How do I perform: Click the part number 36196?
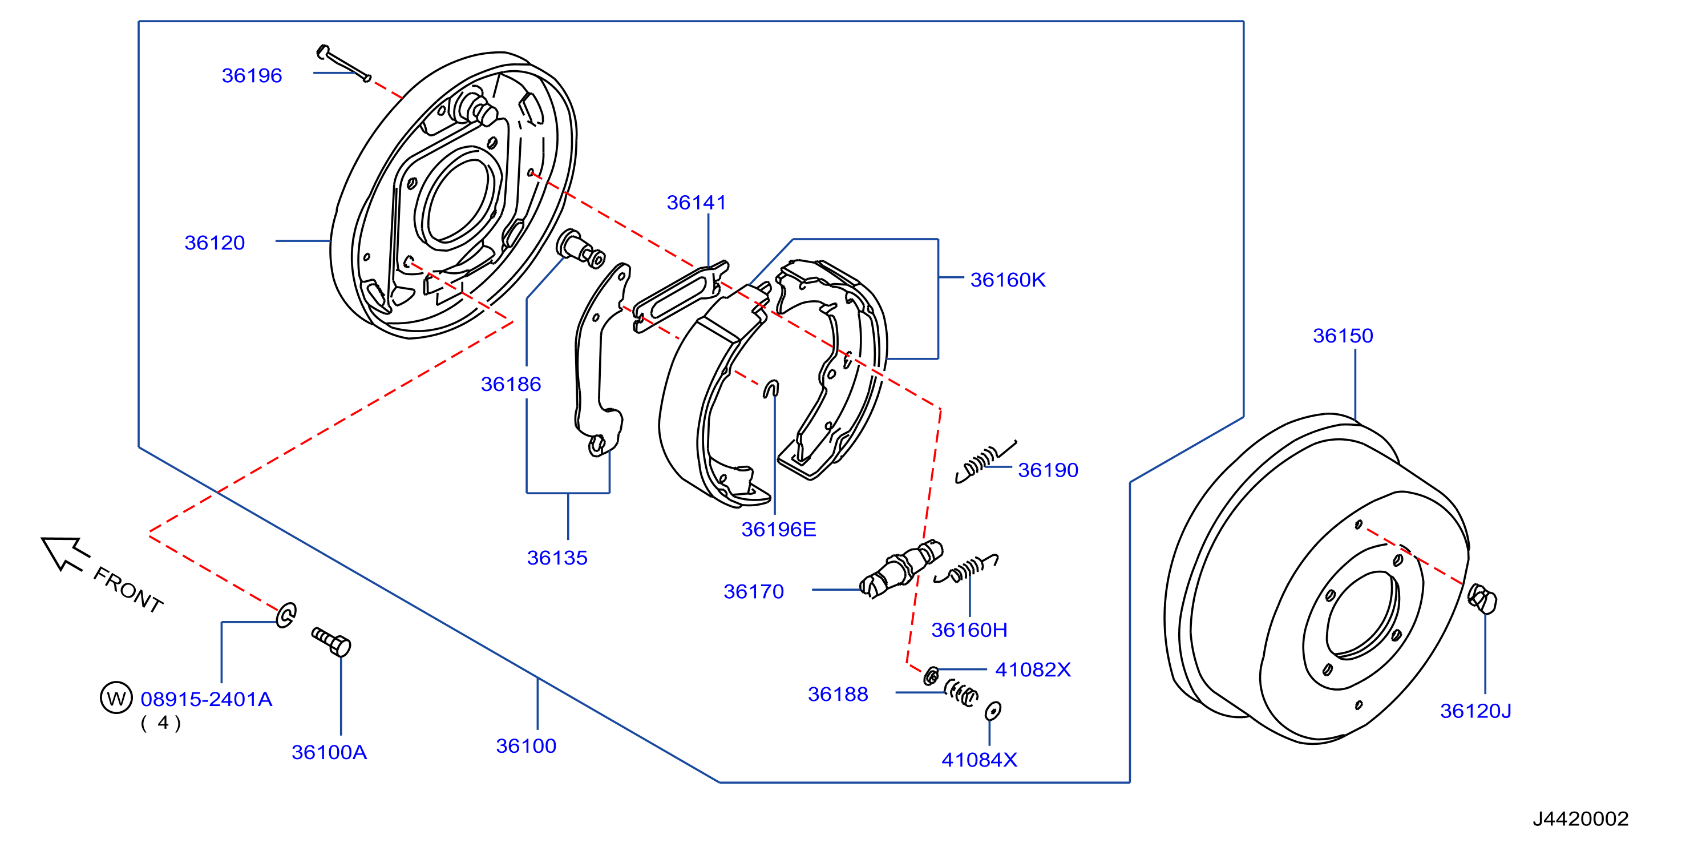click(x=252, y=75)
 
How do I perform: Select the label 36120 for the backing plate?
click(x=215, y=243)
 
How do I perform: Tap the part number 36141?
click(x=697, y=203)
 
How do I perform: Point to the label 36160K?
click(x=1008, y=280)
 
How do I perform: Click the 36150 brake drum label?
click(x=1343, y=336)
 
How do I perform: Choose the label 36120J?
click(x=1475, y=711)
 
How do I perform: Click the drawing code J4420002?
click(x=1581, y=818)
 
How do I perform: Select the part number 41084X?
click(x=979, y=760)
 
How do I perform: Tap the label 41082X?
click(x=1033, y=670)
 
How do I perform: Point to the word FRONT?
click(x=128, y=590)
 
